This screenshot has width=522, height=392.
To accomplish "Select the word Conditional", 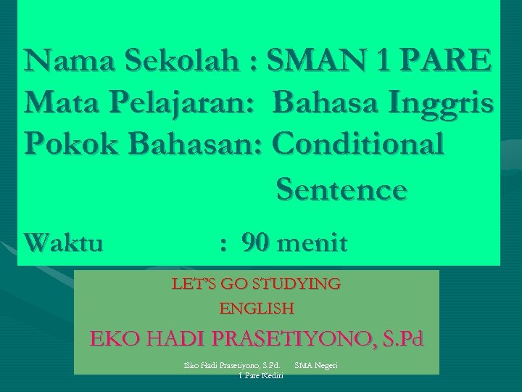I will coord(357,144).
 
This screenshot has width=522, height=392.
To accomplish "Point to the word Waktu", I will coord(63,242).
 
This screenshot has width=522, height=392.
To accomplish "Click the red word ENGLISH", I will coord(257,309).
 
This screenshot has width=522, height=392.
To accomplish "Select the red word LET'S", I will coord(192,284).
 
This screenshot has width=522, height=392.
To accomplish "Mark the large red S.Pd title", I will coord(398,339).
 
